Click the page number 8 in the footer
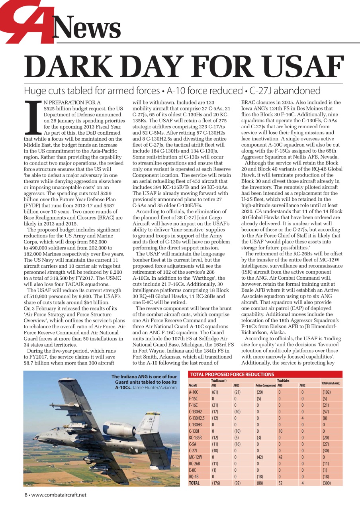tap(25, 495)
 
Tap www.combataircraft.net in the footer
tap(59, 495)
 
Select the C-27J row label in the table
tap(194, 450)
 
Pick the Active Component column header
tap(266, 386)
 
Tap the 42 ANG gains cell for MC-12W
tap(280, 457)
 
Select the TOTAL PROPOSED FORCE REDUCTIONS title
tap(233, 374)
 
